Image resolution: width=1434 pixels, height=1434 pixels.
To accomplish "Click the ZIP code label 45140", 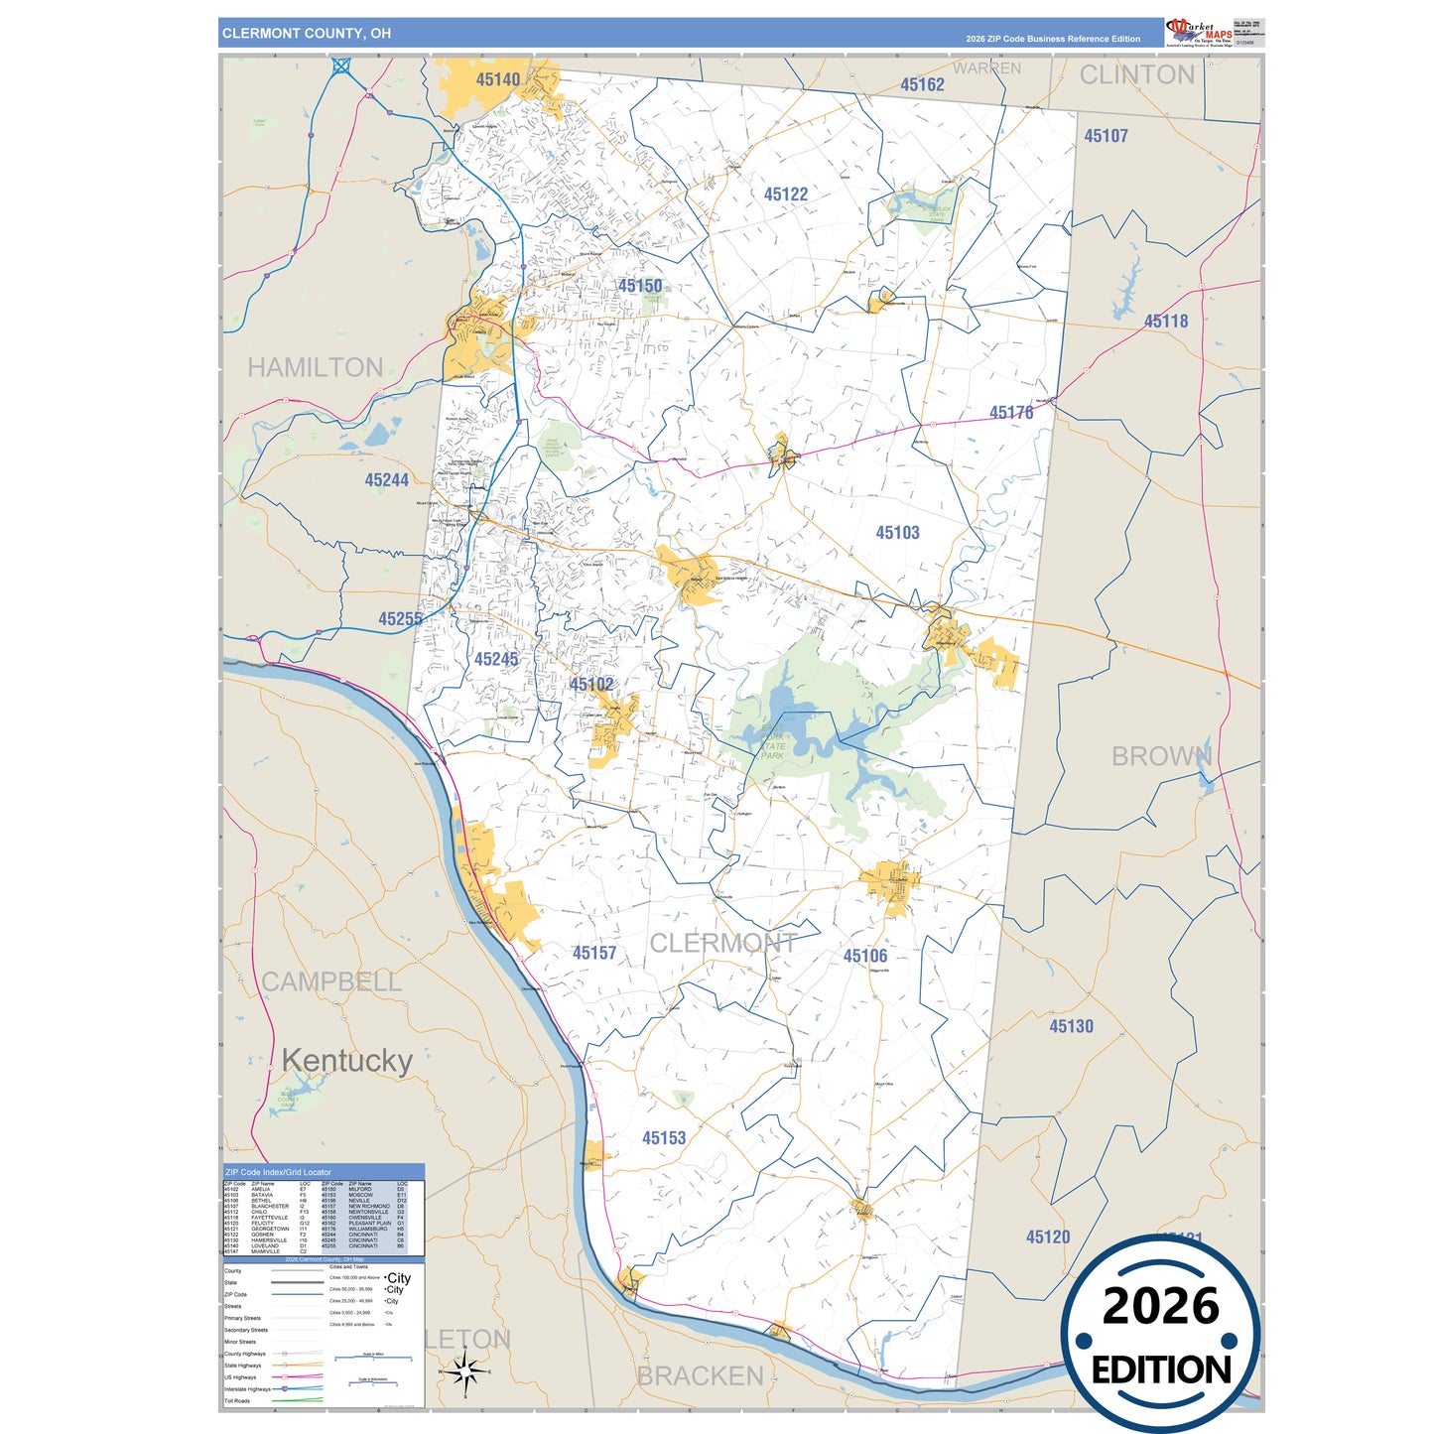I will (497, 79).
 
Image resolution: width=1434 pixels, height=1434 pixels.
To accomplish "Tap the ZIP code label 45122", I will (785, 195).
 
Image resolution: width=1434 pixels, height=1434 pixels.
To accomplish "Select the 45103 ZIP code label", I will (897, 533).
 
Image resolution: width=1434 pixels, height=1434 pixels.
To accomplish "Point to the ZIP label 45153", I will (663, 1138).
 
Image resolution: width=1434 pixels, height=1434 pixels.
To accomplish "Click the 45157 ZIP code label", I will (593, 953).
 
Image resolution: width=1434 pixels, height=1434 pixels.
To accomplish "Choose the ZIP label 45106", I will (864, 956).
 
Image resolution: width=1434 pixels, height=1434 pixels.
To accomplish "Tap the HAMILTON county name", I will (315, 368).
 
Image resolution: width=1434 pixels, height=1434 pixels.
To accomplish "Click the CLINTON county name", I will (1136, 75).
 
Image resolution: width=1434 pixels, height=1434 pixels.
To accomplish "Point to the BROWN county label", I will (1161, 756).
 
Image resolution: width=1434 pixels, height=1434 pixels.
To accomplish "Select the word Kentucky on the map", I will (346, 1061).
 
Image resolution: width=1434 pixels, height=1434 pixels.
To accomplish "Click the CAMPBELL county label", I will (330, 981).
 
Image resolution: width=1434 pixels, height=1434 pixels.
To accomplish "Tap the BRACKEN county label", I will (700, 1376).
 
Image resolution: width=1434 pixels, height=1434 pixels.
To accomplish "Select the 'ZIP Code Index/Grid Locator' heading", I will (278, 1172).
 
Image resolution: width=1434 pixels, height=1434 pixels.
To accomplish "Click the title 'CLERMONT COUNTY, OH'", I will (307, 34).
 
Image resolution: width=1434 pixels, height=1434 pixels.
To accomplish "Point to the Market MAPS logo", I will (1200, 32).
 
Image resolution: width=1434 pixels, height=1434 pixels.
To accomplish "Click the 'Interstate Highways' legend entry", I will (247, 1389).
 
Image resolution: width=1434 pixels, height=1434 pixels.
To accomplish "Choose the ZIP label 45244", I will (386, 480).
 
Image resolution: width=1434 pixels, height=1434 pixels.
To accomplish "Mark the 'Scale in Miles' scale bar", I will (373, 1358).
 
